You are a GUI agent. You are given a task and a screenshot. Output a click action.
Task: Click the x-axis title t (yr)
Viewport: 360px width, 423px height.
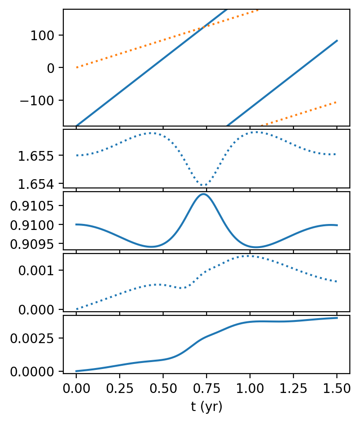(207, 407)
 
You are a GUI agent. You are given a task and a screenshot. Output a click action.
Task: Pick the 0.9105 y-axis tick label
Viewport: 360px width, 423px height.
(33, 205)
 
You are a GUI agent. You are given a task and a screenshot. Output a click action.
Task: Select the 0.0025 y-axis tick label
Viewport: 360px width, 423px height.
(33, 338)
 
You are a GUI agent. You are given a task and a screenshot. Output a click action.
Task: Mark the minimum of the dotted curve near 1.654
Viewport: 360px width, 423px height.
(204, 185)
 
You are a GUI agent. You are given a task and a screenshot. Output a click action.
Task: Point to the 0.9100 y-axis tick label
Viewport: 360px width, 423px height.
(33, 225)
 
